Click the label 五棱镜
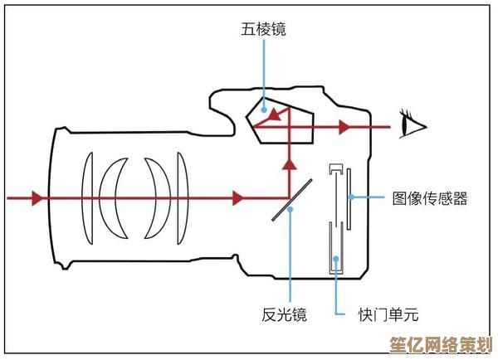tap(264, 30)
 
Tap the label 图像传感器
tap(429, 198)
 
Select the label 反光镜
tap(284, 314)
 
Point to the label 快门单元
tap(388, 314)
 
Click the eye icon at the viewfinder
tap(413, 126)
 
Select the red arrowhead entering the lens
tap(36, 198)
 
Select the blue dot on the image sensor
tap(351, 197)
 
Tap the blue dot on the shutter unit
tap(336, 259)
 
